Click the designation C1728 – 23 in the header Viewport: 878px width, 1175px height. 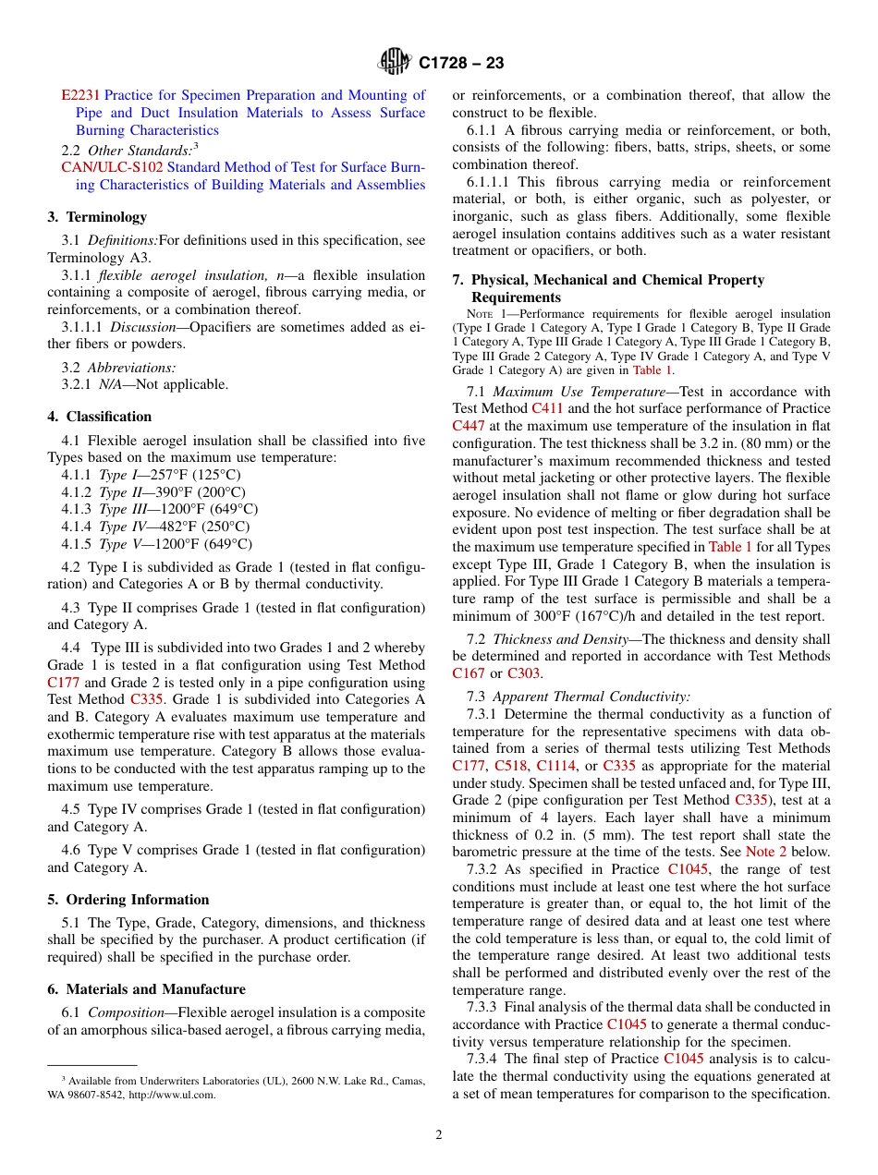(461, 63)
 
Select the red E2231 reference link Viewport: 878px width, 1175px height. (80, 95)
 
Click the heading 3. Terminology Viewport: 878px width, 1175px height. (97, 217)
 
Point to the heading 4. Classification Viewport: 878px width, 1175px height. (100, 417)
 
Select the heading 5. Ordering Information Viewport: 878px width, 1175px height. (128, 900)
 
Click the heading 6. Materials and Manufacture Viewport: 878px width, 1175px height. (147, 989)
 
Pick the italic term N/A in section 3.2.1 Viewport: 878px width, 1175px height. (110, 384)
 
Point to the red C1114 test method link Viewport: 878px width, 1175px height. (556, 766)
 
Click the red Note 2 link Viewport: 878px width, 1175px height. (766, 852)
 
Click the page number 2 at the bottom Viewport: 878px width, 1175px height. (439, 1135)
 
